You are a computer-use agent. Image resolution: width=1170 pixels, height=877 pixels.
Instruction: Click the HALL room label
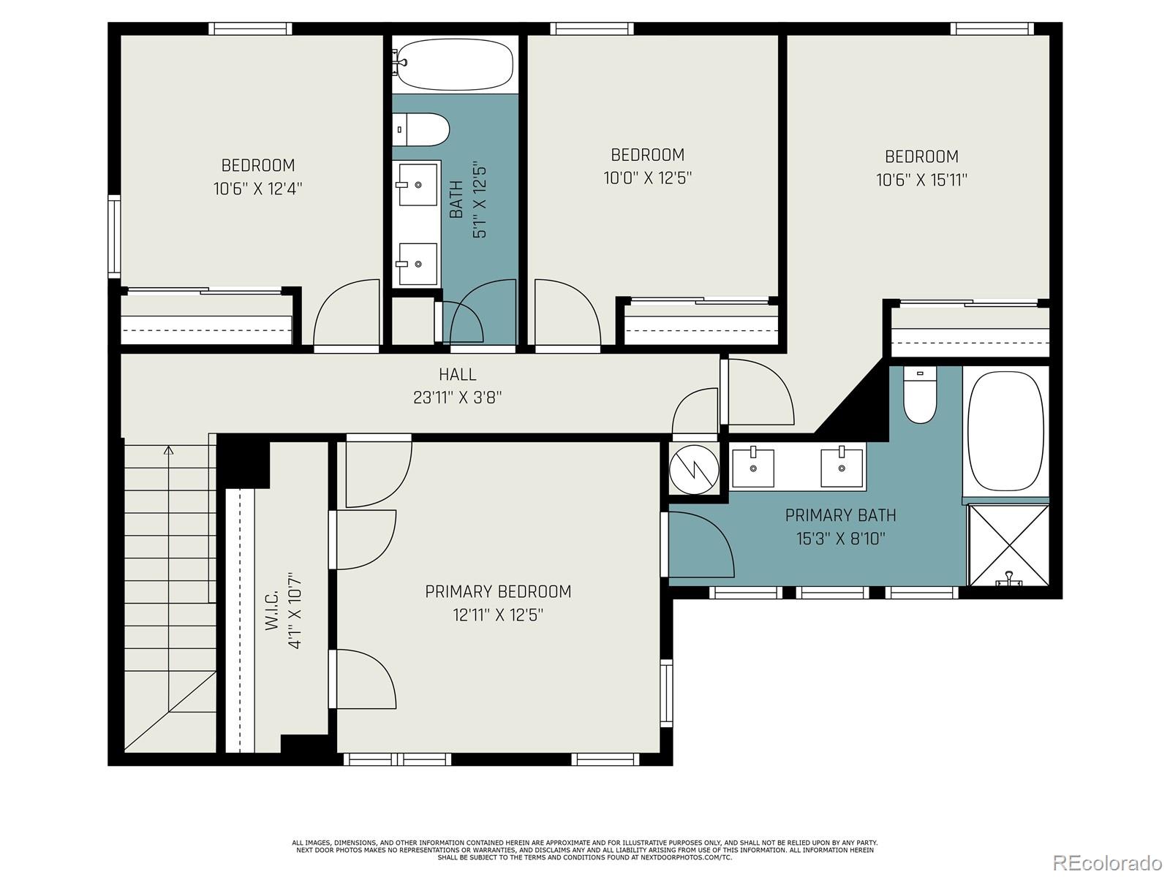(x=457, y=375)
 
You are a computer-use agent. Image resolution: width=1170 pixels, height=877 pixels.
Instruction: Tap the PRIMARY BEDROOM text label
(x=498, y=591)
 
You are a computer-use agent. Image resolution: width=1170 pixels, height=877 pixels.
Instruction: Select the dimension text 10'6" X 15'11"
(x=921, y=180)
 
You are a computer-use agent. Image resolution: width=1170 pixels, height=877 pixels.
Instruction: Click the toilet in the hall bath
(x=421, y=129)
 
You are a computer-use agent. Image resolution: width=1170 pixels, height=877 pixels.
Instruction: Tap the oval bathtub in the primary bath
(x=1005, y=431)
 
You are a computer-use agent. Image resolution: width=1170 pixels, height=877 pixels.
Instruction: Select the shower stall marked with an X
(x=1008, y=544)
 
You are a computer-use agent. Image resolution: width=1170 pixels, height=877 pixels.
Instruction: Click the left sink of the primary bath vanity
(x=752, y=468)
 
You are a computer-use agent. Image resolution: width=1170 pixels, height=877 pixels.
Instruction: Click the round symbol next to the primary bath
(x=693, y=468)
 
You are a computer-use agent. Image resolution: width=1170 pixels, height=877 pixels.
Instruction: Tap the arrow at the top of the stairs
(x=169, y=450)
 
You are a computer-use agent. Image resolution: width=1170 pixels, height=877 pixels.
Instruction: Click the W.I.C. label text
(x=271, y=610)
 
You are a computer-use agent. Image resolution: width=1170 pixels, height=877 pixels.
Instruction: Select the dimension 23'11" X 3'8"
(x=457, y=398)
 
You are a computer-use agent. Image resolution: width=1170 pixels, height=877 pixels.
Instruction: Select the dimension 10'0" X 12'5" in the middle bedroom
(x=647, y=178)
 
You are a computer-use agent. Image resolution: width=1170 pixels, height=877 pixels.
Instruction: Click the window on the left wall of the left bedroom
(x=114, y=235)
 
